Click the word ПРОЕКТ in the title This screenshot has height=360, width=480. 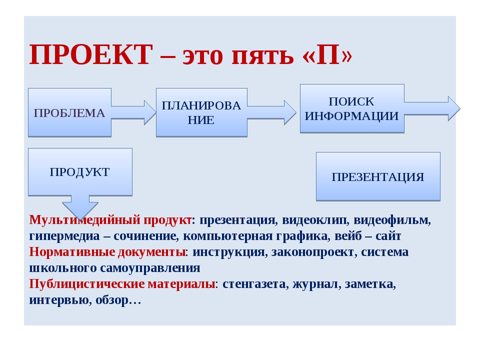(91, 54)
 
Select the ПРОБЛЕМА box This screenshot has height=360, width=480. (69, 112)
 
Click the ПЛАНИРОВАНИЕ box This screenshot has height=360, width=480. (201, 112)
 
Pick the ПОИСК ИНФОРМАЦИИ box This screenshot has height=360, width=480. (352, 108)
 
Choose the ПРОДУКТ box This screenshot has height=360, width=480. (80, 172)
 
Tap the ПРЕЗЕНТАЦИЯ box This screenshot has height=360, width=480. (378, 176)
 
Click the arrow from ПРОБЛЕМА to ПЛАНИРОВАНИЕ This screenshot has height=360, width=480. (134, 112)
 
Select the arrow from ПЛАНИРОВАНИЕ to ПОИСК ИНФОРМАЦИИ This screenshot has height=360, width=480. (272, 112)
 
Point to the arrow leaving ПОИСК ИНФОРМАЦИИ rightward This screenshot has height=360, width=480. (432, 108)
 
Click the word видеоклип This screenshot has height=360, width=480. (315, 220)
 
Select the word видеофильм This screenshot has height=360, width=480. (392, 220)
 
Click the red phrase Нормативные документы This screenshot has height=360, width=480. (107, 252)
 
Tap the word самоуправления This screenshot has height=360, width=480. (150, 268)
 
